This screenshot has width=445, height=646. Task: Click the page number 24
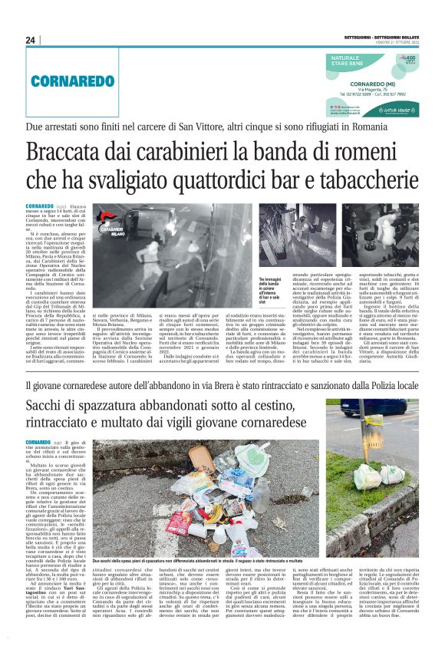[30, 40]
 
